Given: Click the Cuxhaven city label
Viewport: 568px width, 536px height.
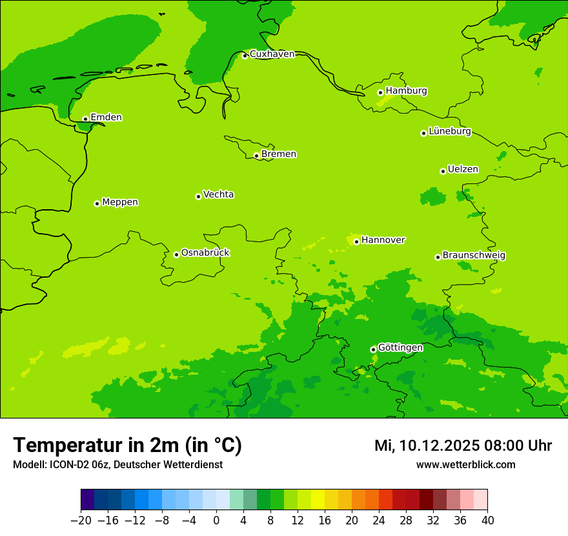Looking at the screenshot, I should click(272, 54).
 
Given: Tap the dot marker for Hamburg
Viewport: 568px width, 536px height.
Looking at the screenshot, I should click(381, 92).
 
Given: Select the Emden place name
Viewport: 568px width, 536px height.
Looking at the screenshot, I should click(106, 118).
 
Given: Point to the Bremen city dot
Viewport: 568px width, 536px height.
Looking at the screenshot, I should click(256, 156).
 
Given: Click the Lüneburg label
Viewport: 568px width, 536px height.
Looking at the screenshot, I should click(449, 131).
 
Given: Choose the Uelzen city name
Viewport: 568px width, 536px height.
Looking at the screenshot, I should click(463, 169).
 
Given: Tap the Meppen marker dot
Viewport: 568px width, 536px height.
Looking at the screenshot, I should click(97, 203).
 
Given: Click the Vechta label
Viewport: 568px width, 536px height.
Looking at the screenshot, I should click(218, 194).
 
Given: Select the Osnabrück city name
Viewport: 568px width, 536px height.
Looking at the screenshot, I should click(205, 253).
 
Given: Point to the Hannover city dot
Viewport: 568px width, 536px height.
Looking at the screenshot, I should click(356, 242).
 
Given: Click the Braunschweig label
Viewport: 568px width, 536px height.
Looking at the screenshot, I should click(474, 256).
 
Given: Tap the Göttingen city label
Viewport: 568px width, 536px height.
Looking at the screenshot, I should click(400, 347).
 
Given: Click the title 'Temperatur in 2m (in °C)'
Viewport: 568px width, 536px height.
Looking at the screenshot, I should click(127, 446).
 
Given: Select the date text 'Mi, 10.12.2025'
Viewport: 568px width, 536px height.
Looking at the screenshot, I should click(424, 446).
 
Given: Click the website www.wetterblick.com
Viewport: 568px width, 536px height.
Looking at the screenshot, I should click(465, 464).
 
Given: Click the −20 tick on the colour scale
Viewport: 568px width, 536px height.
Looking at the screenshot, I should click(81, 521).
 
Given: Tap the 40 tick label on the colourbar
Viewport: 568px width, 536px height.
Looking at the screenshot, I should click(487, 521).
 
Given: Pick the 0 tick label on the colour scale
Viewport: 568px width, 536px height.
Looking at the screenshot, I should click(216, 521).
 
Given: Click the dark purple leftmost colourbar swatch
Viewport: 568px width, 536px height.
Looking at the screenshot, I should click(87, 500).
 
